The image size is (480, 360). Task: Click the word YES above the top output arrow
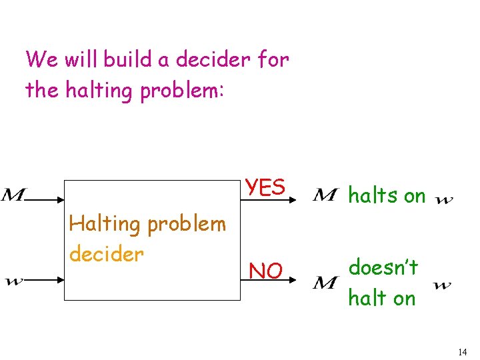[x=265, y=187]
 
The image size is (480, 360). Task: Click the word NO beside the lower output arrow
[x=265, y=271]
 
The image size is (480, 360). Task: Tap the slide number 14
[x=463, y=351]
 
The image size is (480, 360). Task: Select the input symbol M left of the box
[x=13, y=195]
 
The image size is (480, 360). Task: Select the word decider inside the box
[x=106, y=254]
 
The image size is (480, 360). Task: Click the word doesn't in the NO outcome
[x=383, y=267]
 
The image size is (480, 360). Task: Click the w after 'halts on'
[x=444, y=199]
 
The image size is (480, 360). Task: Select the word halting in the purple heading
[x=99, y=89]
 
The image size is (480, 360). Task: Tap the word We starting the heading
[x=41, y=59]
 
